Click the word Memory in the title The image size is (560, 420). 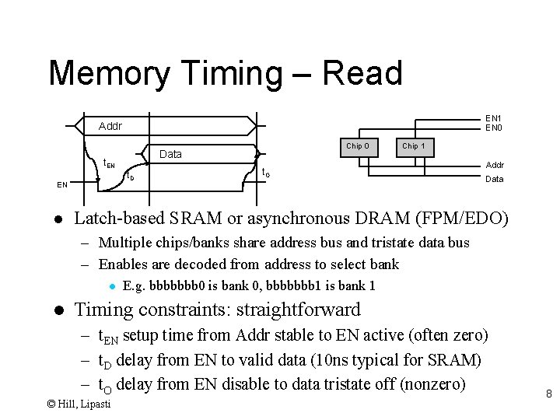[109, 74]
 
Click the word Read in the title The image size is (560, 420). [362, 73]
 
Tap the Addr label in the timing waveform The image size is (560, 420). [110, 126]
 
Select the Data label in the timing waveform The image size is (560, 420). [170, 154]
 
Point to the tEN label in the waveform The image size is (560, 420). [109, 163]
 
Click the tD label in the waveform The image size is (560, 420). [130, 177]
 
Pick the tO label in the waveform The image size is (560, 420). [266, 172]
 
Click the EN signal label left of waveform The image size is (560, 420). [61, 185]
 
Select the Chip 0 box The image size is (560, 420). [358, 146]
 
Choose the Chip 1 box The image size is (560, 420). [413, 146]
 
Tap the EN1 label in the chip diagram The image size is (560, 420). [494, 119]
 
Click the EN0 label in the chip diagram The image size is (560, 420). [494, 128]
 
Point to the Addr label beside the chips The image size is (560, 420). [495, 165]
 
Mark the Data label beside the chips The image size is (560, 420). [495, 179]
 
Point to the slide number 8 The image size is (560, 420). [548, 394]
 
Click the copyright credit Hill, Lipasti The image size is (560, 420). [82, 404]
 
